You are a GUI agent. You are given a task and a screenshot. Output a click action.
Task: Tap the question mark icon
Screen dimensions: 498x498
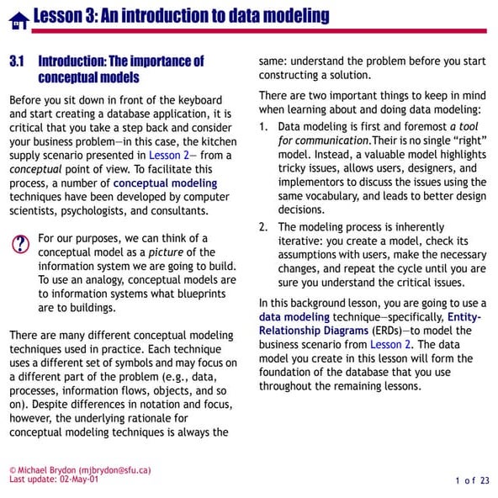coord(20,244)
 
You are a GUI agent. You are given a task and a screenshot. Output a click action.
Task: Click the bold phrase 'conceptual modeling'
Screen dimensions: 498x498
coord(164,183)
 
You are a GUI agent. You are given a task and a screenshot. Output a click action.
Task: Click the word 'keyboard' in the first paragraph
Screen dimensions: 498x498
coord(203,100)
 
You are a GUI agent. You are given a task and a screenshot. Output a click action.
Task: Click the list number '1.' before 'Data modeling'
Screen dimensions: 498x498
coord(264,126)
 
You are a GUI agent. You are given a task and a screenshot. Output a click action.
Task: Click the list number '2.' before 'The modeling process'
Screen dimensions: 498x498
coord(264,227)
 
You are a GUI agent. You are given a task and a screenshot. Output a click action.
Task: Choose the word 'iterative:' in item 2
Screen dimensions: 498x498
coord(308,241)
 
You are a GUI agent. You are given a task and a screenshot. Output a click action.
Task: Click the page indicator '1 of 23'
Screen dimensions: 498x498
coord(472,480)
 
